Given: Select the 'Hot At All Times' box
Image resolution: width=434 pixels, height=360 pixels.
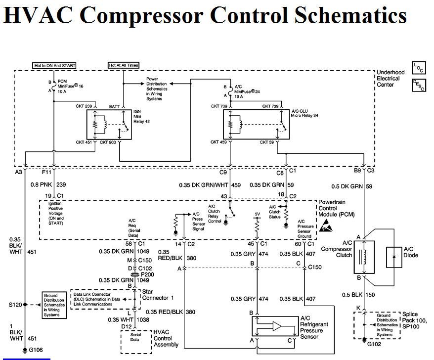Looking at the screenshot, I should coord(123,65).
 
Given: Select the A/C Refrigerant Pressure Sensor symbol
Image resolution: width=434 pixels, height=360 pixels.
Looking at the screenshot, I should coord(272,326).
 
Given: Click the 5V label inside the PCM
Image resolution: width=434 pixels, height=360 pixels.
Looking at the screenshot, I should coord(257,214).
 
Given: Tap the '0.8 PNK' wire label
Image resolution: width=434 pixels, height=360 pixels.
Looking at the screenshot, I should coord(42,184).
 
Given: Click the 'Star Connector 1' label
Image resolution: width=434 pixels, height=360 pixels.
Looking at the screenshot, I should coord(158,295).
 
